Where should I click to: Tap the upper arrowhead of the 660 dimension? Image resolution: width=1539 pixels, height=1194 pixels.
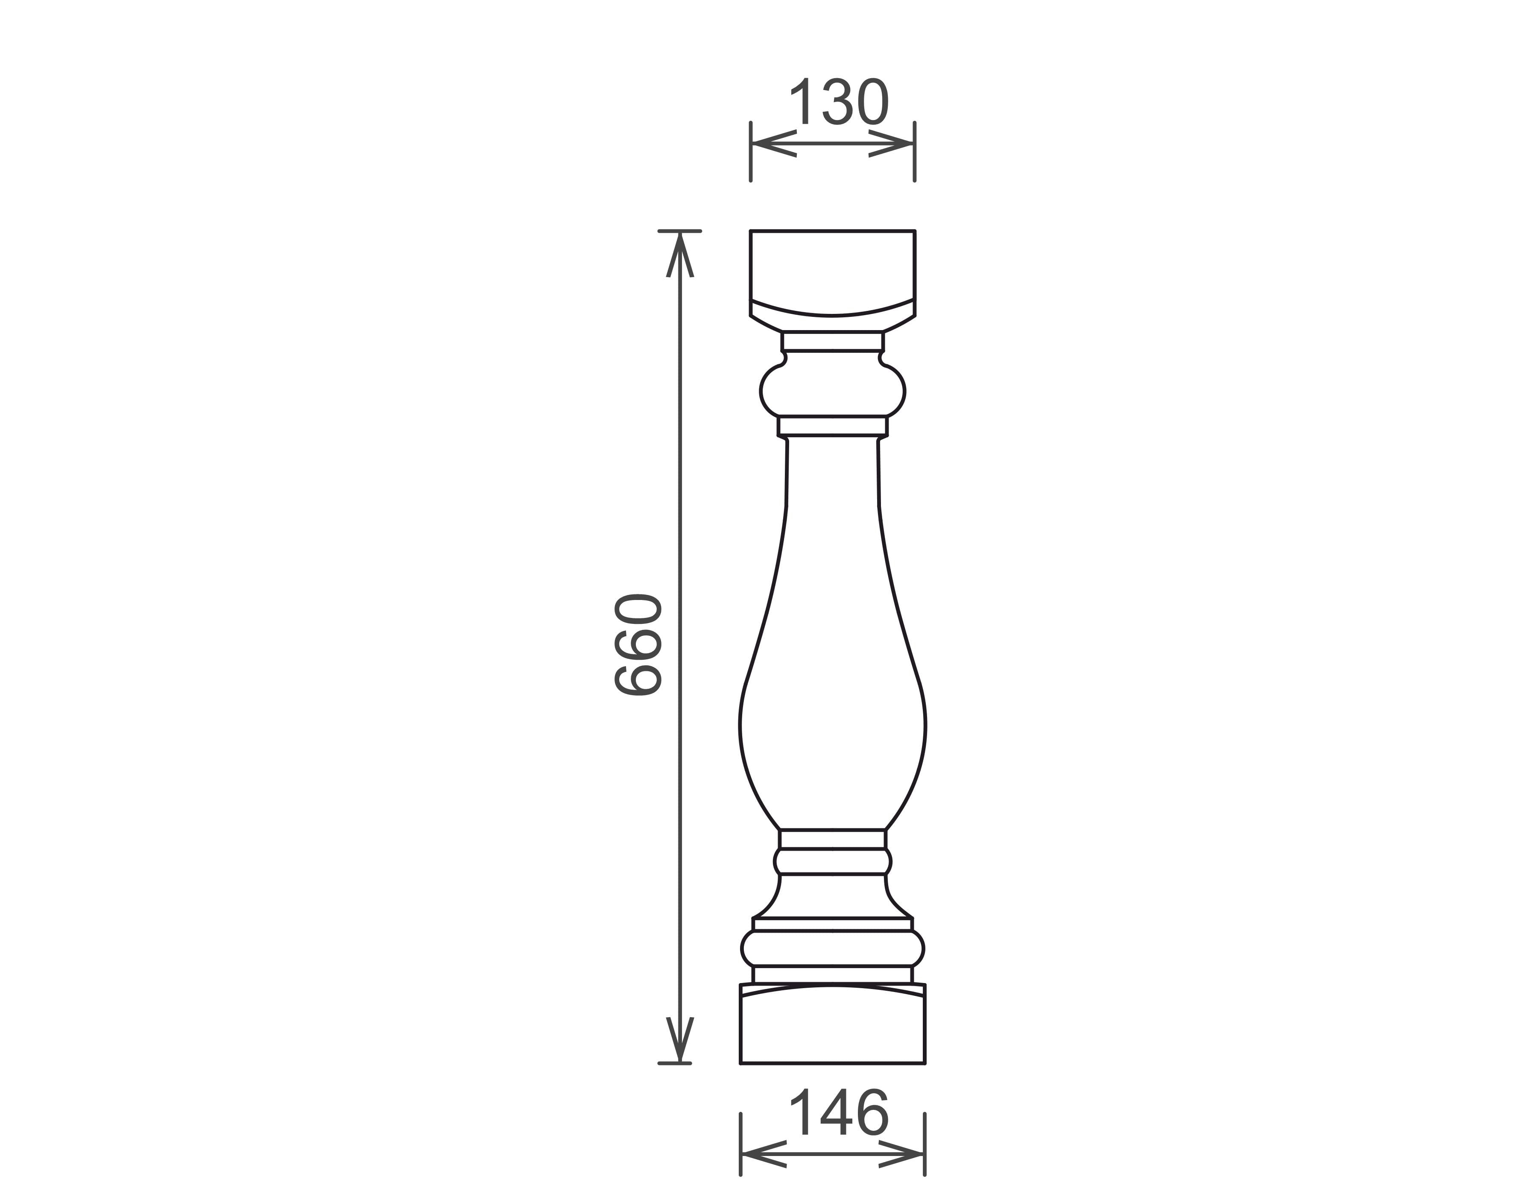pos(680,255)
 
